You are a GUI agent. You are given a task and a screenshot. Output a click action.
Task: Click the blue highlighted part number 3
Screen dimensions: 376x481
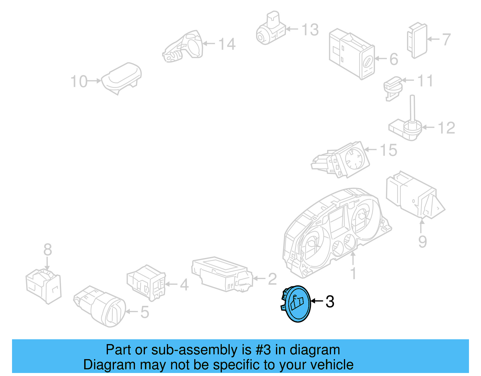[x=297, y=303]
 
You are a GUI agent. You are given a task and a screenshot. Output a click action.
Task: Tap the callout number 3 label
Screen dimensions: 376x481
[x=330, y=301]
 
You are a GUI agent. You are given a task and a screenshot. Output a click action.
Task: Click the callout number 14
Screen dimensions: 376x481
[x=227, y=44]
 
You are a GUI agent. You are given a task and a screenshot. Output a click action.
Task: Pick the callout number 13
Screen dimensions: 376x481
[x=310, y=30]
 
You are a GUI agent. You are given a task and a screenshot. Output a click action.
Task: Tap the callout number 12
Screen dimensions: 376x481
[x=446, y=128]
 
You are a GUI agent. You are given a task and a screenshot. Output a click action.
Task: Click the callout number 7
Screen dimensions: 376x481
[x=446, y=39]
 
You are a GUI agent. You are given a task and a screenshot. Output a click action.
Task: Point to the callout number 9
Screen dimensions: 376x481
[x=422, y=241]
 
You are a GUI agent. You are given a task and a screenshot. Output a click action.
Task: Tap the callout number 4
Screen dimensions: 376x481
[x=184, y=284]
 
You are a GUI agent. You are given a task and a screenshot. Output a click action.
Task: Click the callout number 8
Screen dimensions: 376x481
[x=47, y=250]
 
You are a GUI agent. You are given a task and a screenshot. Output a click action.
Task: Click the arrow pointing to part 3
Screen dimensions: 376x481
[x=317, y=301]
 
